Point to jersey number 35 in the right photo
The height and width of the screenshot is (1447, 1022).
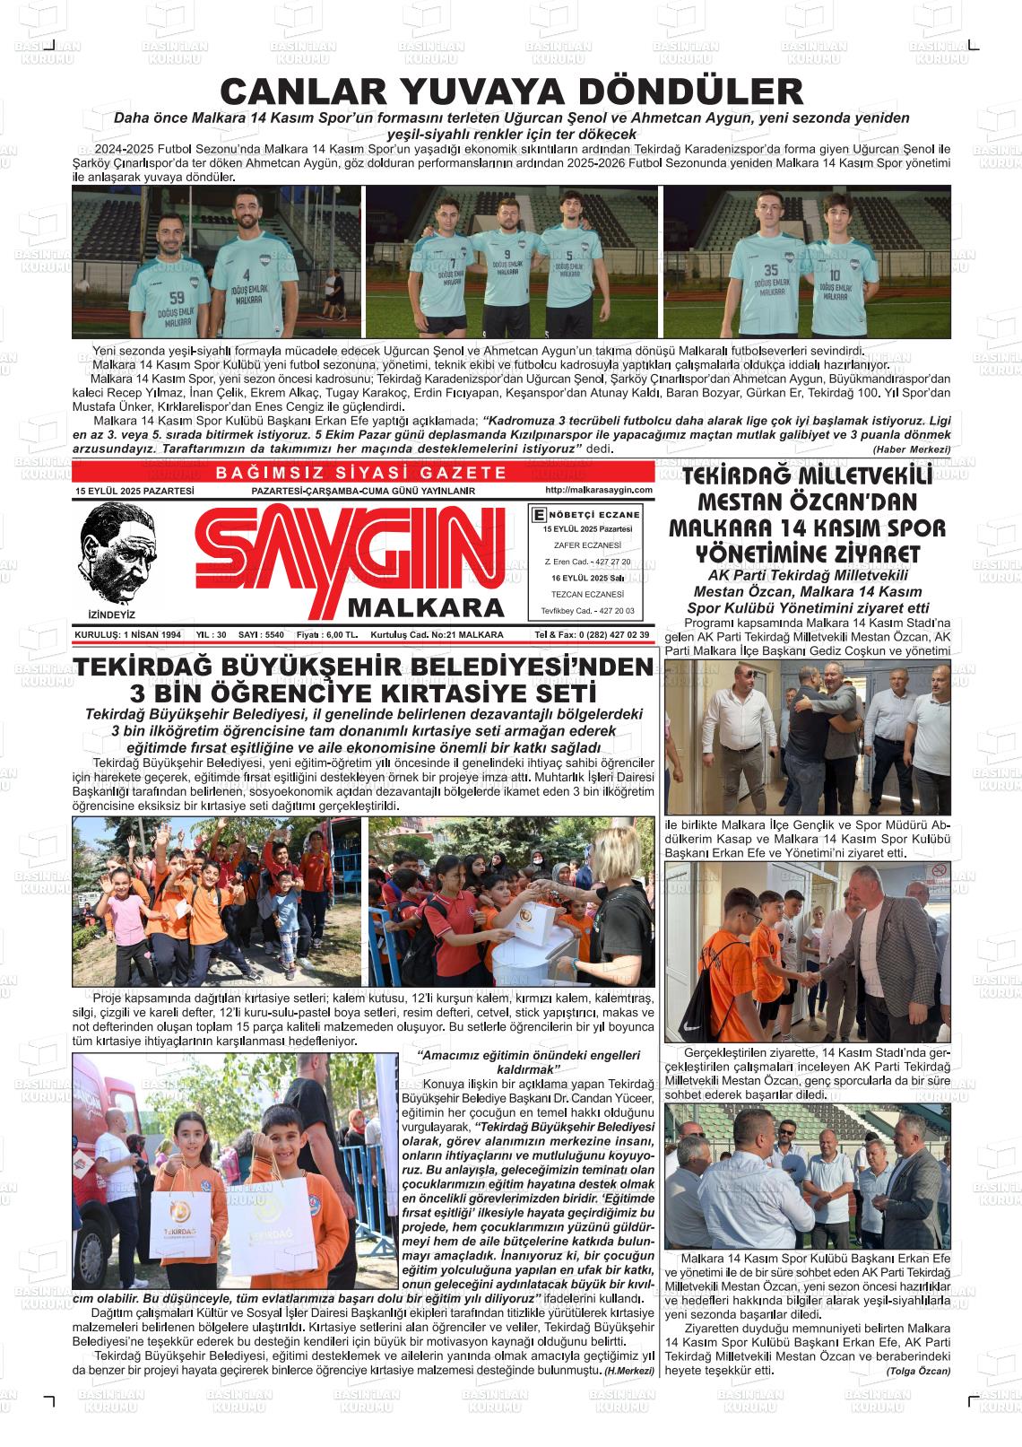tap(771, 270)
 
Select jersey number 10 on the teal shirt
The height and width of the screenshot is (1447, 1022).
tap(834, 275)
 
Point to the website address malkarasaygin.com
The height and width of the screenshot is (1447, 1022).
tap(598, 490)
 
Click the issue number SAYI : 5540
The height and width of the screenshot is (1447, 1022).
tap(261, 635)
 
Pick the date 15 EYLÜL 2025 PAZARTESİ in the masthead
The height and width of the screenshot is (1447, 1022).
tap(134, 492)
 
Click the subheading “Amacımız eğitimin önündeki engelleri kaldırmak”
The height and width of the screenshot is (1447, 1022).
tap(529, 1062)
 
